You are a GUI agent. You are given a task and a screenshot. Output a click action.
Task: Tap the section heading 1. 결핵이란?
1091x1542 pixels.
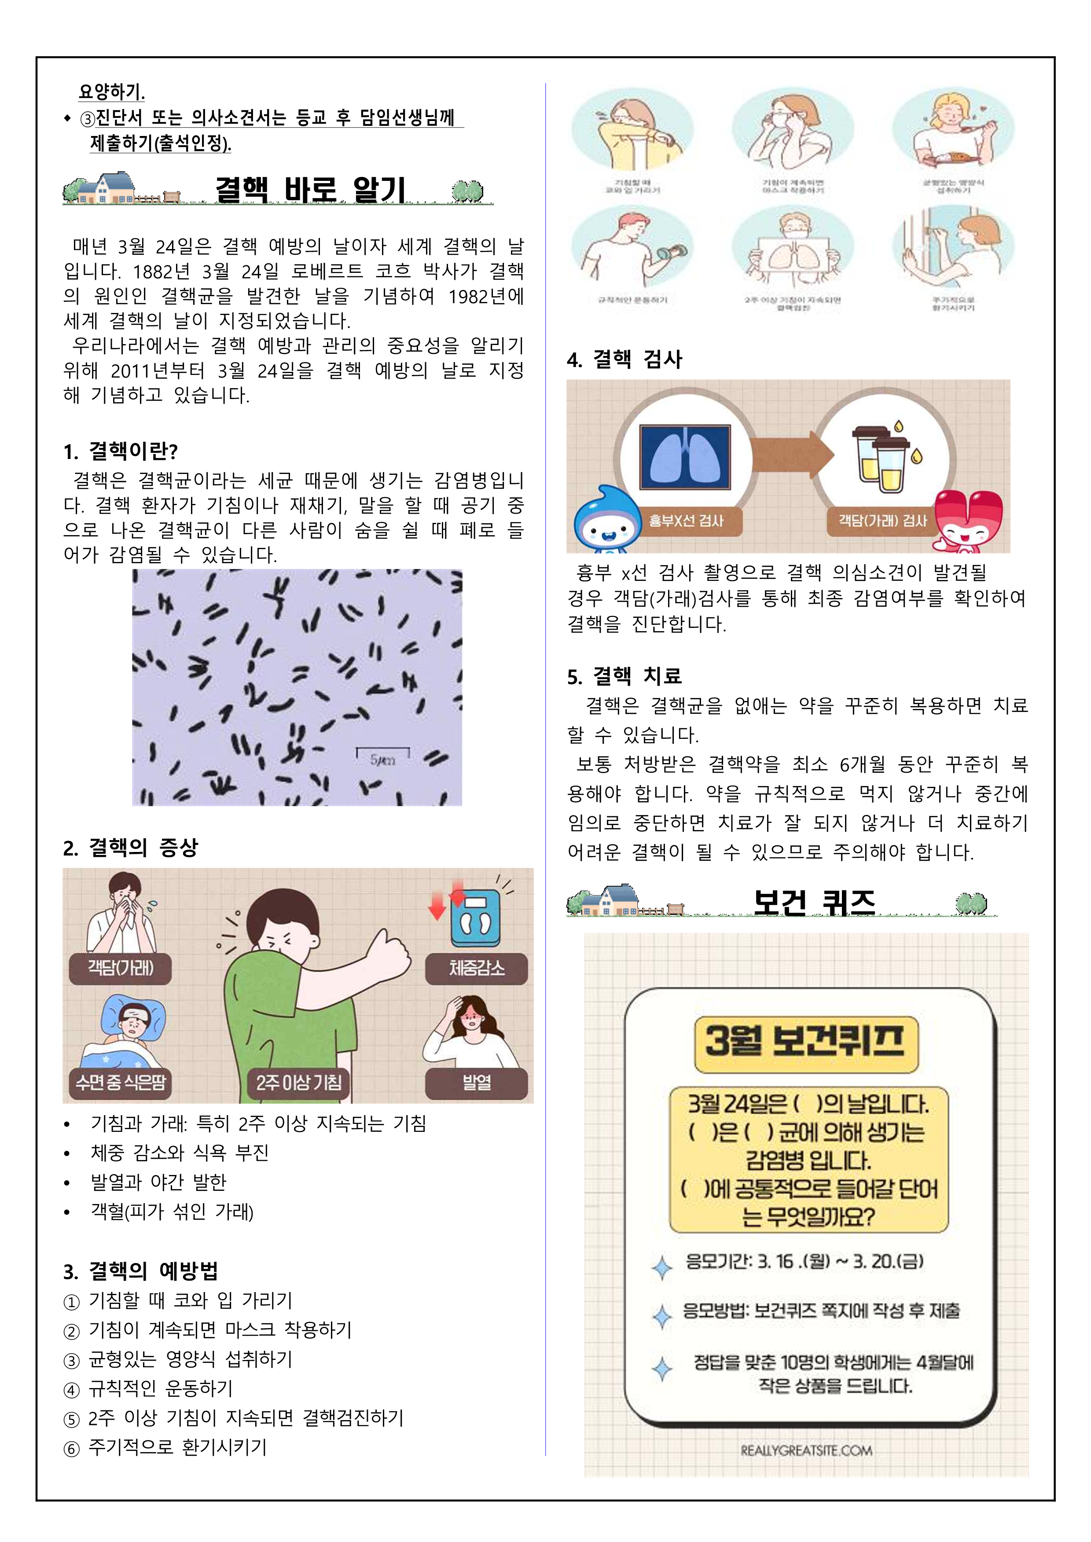click(121, 452)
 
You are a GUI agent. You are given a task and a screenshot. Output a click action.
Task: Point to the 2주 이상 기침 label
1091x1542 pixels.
click(298, 1082)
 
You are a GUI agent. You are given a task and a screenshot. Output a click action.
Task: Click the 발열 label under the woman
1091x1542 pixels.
click(476, 1082)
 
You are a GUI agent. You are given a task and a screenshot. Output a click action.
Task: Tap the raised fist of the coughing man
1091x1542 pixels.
click(389, 952)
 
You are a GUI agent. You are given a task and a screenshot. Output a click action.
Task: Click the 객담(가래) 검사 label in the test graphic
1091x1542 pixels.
click(882, 521)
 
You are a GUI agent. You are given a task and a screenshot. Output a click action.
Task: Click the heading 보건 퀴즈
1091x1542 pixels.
click(814, 902)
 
